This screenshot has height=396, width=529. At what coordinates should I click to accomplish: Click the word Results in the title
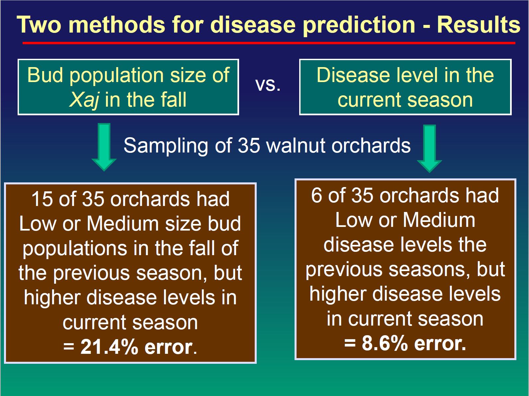tap(479, 25)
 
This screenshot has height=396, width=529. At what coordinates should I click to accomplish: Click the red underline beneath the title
tap(269, 43)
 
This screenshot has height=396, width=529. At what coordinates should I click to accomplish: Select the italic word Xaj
tap(84, 100)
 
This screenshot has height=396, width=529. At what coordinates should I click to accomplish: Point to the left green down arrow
tap(104, 147)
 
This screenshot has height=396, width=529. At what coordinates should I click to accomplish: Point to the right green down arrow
tap(429, 148)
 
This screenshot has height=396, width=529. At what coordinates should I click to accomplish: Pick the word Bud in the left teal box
tap(45, 75)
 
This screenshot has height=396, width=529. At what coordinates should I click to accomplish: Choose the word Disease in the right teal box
tap(353, 75)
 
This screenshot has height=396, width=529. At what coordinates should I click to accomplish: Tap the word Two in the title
tap(39, 25)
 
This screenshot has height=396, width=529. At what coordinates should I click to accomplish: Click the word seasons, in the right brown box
tap(429, 270)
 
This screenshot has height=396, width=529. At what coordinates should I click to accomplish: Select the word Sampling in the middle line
tap(166, 146)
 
